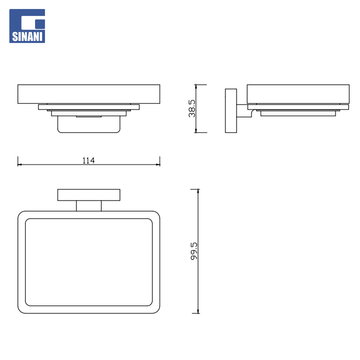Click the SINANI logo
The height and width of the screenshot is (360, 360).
point(27,26)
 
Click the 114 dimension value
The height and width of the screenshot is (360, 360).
point(89,160)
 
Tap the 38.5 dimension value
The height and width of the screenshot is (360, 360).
point(192,108)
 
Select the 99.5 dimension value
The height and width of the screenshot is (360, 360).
point(194,251)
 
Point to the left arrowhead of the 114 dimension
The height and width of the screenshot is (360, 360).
point(20,165)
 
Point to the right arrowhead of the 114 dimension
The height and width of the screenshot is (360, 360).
point(158,165)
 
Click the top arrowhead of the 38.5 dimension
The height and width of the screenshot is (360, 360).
point(196,87)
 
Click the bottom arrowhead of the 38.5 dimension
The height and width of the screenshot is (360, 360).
point(196,131)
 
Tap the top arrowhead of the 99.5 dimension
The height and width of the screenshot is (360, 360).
point(198,191)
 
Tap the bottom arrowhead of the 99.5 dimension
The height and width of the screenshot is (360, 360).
point(198,311)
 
